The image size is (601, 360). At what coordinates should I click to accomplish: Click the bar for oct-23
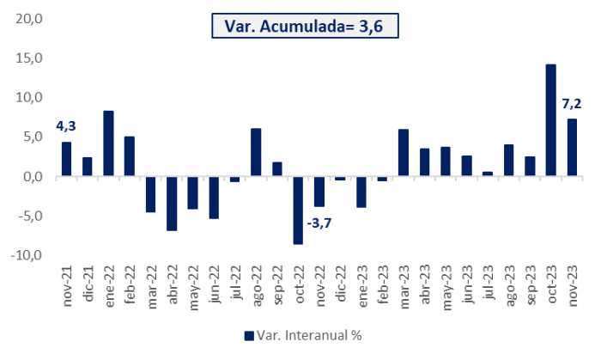[x=550, y=120]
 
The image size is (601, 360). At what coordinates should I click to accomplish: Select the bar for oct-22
[x=298, y=210]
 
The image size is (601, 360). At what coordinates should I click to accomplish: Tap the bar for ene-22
[x=108, y=143]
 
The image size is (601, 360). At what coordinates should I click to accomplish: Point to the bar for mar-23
[x=403, y=153]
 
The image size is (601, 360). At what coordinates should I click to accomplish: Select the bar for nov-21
[x=66, y=159]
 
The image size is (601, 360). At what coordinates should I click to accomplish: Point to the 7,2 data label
[x=573, y=104]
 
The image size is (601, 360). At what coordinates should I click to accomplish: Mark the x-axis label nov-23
[x=572, y=283]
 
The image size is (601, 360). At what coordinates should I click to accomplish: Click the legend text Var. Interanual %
[x=307, y=335]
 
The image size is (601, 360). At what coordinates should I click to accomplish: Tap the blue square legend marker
[x=249, y=335]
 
